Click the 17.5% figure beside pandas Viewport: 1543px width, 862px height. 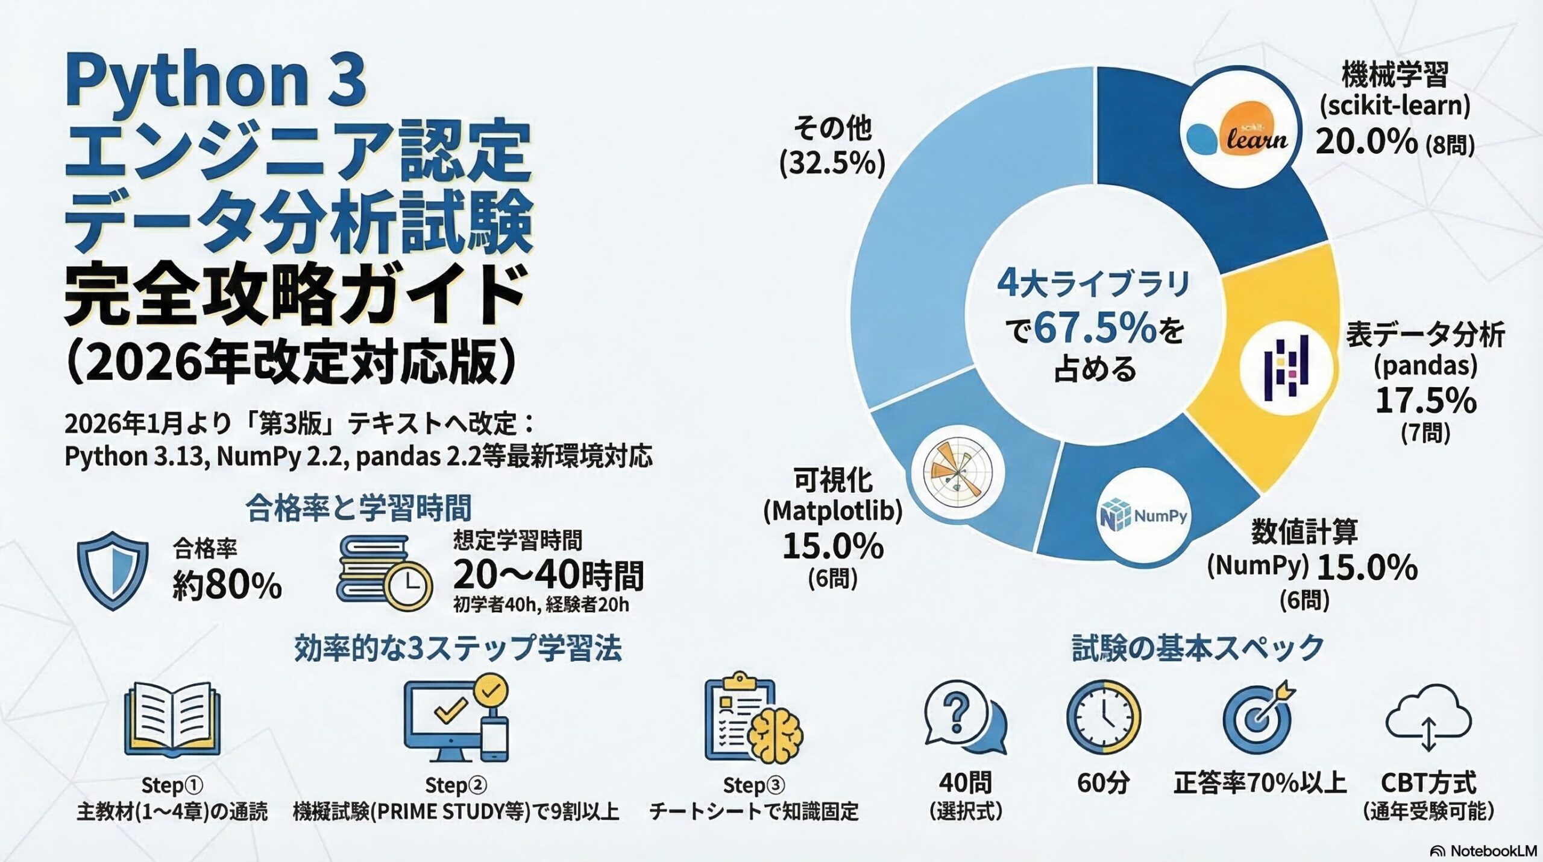[1425, 401]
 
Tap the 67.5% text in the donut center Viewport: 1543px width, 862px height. [1095, 329]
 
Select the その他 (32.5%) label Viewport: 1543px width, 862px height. [832, 147]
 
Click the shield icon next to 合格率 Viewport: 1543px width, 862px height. [113, 570]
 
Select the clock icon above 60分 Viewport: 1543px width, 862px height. [1104, 718]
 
